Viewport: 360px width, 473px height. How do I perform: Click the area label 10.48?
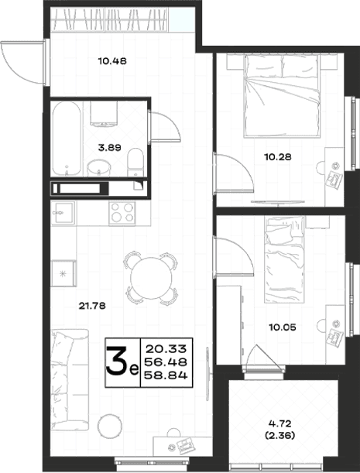tap(112, 61)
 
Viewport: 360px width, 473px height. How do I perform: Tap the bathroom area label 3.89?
tap(109, 148)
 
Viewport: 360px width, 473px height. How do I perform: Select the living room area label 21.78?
tap(92, 306)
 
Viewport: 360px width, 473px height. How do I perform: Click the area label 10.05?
tap(283, 327)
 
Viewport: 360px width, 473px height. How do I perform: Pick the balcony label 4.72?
tap(279, 423)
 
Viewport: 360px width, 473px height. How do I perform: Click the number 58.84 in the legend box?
tap(166, 375)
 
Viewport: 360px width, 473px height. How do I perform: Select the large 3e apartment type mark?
tap(122, 362)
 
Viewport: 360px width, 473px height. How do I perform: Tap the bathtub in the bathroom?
tap(67, 139)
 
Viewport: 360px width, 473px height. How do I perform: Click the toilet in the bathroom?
tap(135, 163)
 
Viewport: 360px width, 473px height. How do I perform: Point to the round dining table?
tap(151, 277)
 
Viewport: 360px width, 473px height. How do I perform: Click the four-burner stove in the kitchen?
tap(122, 213)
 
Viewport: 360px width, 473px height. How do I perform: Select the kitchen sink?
tap(63, 213)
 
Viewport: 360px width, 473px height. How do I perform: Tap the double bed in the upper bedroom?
tap(282, 96)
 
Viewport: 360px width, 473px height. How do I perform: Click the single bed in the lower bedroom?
tap(284, 259)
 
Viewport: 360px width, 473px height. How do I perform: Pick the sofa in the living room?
tap(70, 379)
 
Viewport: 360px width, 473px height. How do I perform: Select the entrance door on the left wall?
tap(23, 62)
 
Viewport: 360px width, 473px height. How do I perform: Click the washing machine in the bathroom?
tap(104, 114)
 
